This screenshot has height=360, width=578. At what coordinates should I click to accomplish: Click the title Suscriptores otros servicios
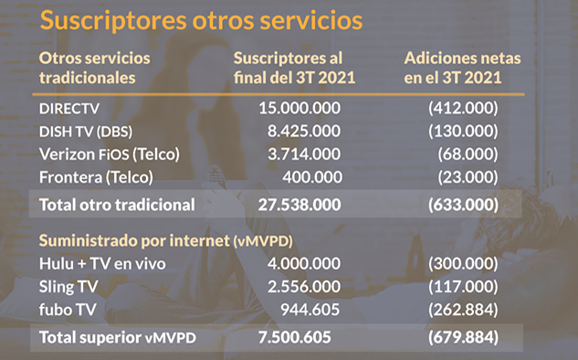tap(201, 20)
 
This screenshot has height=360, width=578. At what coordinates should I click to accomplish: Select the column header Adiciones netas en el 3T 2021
tap(462, 68)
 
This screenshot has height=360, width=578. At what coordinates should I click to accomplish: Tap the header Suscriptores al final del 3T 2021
tap(294, 68)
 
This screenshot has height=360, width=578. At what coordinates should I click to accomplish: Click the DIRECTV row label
tap(69, 109)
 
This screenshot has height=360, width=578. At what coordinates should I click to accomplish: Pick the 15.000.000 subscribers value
tap(300, 108)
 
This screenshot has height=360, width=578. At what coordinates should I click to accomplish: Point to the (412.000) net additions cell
tap(463, 108)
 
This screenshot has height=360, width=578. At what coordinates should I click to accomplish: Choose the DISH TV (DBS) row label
tap(86, 132)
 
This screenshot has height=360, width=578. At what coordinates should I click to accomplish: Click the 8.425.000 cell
tap(304, 131)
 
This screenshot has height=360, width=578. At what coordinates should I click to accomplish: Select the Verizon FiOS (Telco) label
tap(110, 154)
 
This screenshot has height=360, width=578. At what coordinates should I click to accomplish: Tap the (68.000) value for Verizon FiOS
tap(468, 154)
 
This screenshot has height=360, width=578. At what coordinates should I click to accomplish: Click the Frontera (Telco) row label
tap(96, 177)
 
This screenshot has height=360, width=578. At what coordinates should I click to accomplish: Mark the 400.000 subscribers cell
tap(312, 177)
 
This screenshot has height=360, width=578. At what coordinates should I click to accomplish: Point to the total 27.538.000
tap(300, 205)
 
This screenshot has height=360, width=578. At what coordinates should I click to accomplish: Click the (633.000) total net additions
tap(463, 205)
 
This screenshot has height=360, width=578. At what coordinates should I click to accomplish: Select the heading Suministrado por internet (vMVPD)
tap(166, 241)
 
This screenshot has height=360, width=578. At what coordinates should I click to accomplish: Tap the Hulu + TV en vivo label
tap(102, 264)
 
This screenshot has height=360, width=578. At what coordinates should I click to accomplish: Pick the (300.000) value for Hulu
tap(463, 264)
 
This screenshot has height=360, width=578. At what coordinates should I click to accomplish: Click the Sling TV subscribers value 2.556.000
tap(304, 287)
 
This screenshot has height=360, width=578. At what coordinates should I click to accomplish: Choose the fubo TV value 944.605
tap(310, 310)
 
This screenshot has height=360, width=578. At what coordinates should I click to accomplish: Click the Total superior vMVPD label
tap(118, 337)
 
